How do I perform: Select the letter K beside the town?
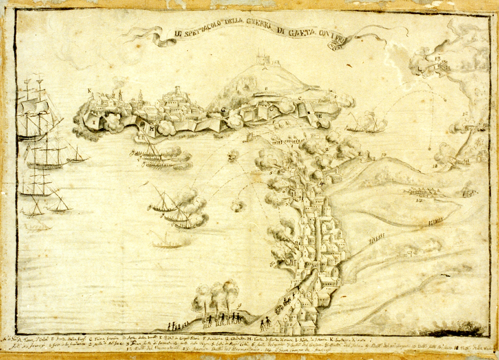pyautogui.click(x=89, y=91)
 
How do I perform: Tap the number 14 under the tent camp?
pyautogui.click(x=419, y=200)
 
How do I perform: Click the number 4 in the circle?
pyautogui.click(x=321, y=183)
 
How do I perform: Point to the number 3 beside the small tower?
pyautogui.click(x=360, y=154)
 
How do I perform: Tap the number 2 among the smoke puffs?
pyautogui.click(x=327, y=148)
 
